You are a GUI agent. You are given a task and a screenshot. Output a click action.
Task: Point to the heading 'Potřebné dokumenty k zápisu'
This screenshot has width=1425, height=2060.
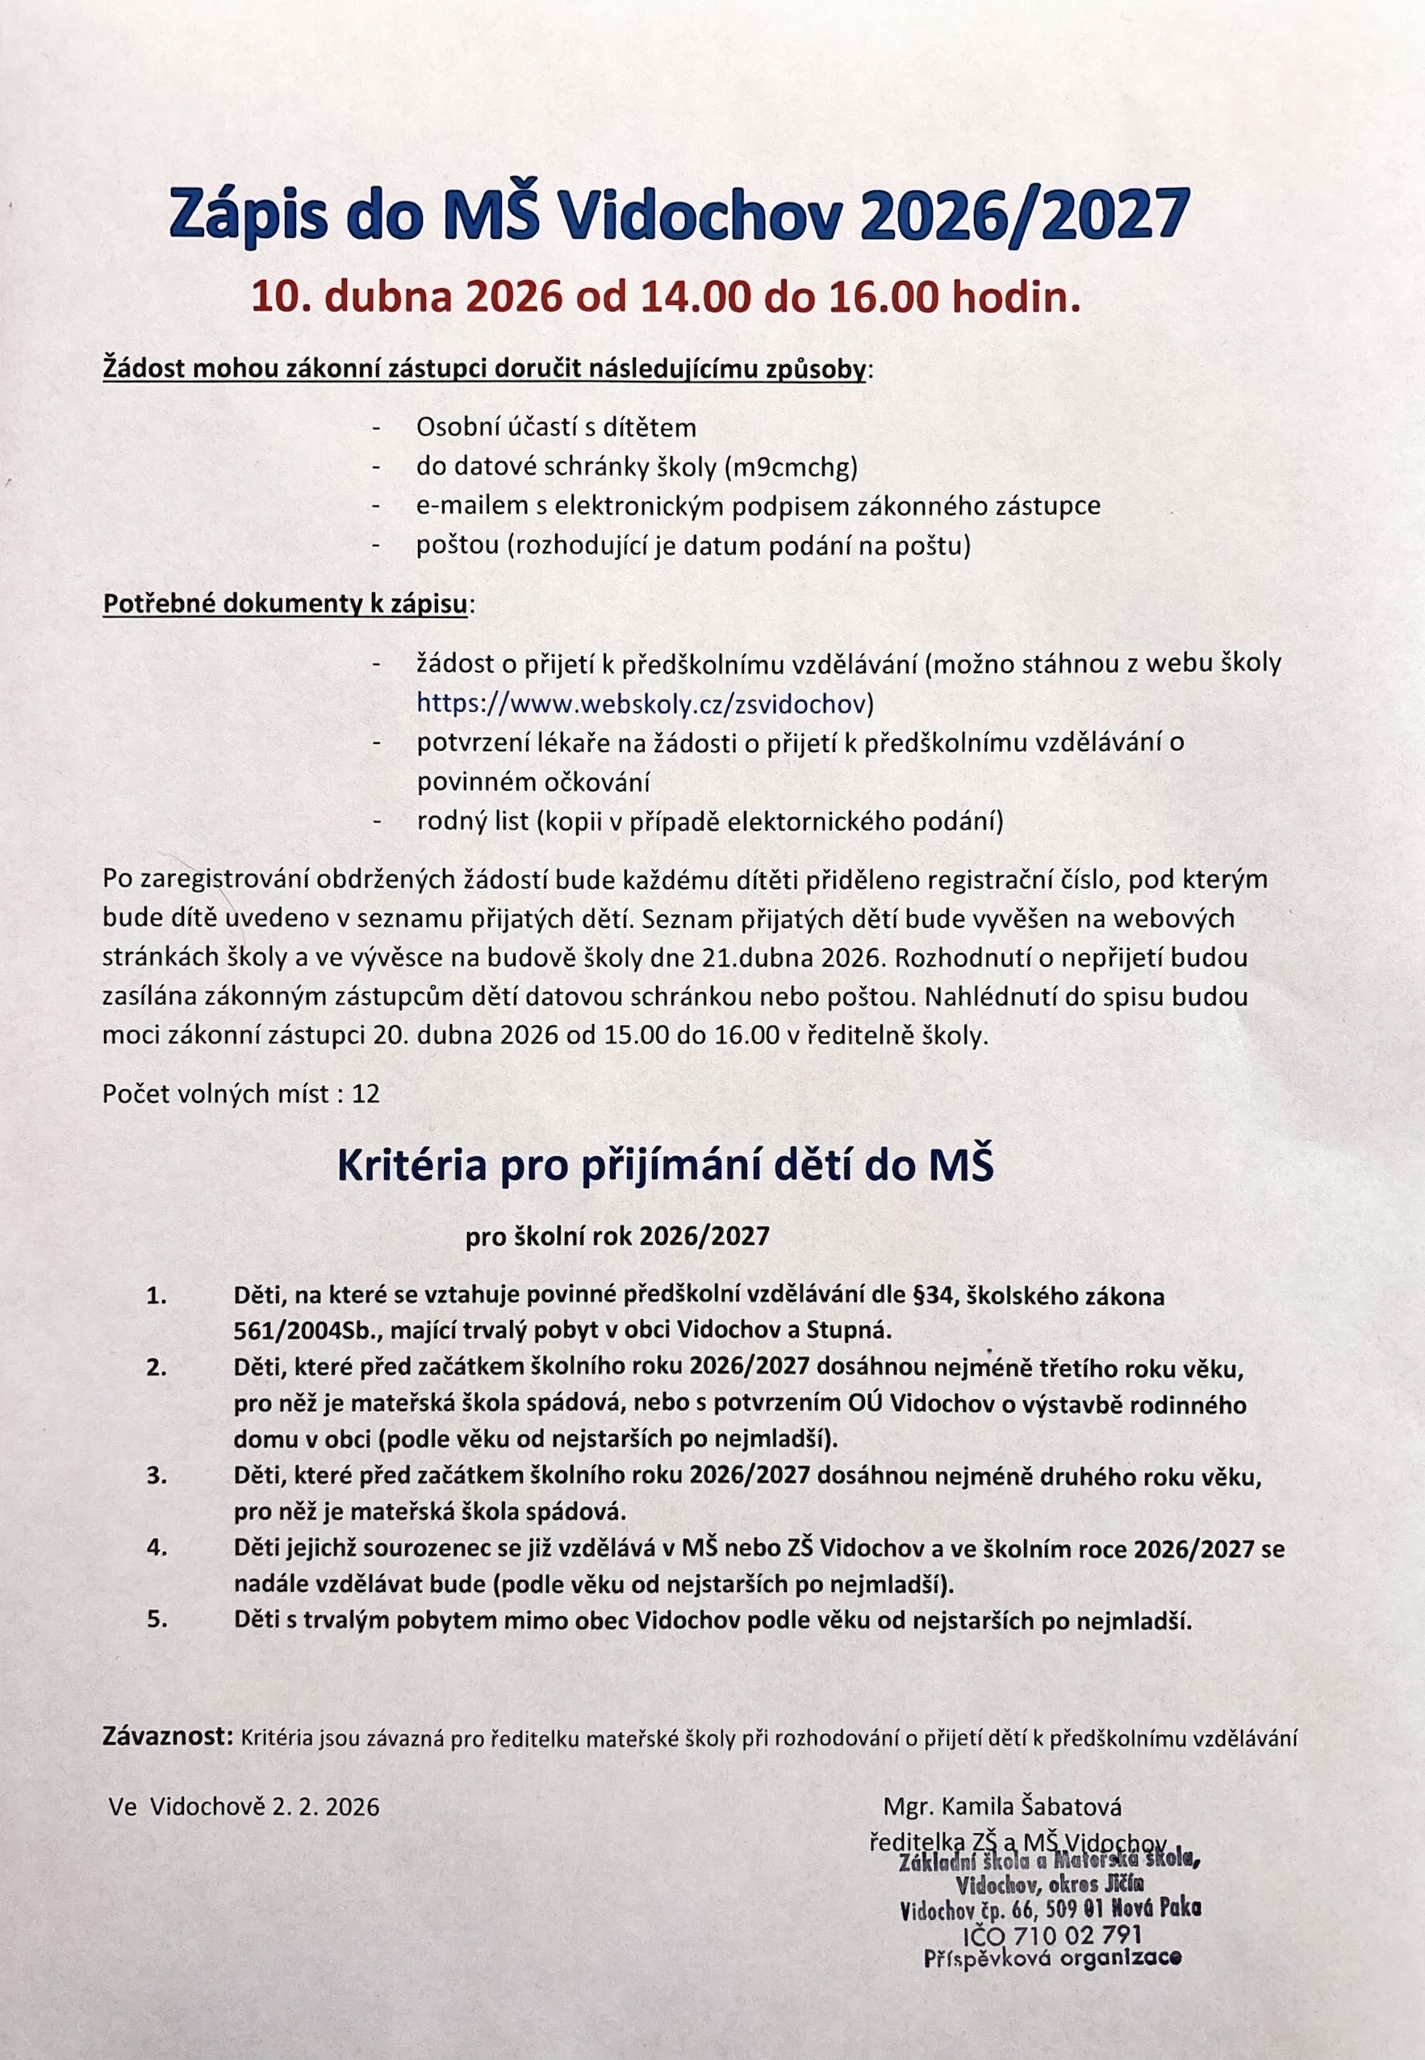click(x=285, y=604)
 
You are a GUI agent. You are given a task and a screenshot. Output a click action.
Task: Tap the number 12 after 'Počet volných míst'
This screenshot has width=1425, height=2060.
click(x=366, y=1094)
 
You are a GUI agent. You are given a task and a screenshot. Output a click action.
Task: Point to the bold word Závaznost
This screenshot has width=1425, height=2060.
click(x=168, y=1738)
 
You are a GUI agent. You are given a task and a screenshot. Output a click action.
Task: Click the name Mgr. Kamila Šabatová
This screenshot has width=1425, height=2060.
click(x=1002, y=1807)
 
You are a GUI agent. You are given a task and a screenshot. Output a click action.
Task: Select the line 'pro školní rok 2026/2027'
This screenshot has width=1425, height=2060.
click(x=617, y=1237)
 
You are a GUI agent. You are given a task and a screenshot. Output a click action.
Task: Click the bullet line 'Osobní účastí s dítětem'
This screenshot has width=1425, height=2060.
click(x=555, y=428)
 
